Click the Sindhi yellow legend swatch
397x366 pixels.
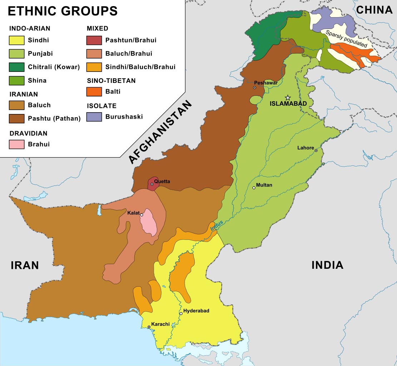coord(17,40)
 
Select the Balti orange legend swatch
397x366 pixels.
coord(94,91)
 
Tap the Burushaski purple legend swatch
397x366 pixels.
coord(94,117)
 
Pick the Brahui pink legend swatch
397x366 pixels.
coord(17,144)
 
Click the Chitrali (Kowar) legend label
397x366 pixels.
coord(54,67)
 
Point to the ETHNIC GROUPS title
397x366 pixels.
coord(63,11)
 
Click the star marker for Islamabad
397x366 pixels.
coord(288,98)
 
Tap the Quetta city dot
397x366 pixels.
coord(152,184)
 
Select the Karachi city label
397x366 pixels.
coord(160,324)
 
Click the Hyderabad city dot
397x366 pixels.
coord(181,313)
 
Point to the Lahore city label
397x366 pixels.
coord(306,148)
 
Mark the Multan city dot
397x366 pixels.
coord(254,188)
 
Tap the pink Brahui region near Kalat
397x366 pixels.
coord(149,225)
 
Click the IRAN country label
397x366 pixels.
coord(25,265)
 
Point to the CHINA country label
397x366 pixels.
coord(374,10)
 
